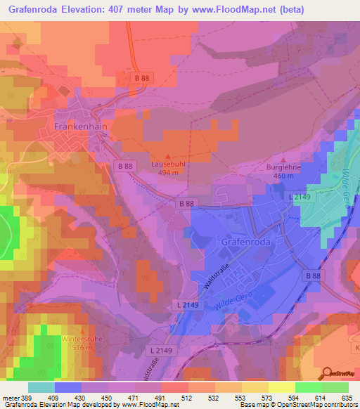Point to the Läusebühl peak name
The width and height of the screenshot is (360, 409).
tap(167, 164)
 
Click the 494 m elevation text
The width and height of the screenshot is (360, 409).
tap(167, 172)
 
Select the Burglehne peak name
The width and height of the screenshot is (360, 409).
tap(283, 168)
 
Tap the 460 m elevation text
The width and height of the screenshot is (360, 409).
tap(283, 176)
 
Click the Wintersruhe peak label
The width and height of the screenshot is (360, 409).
tap(77, 339)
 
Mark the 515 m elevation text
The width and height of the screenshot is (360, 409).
tap(77, 348)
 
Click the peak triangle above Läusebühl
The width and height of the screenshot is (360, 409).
tap(167, 156)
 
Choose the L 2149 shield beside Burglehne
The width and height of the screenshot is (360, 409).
tap(301, 200)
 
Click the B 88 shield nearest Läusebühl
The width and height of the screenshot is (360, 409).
tap(125, 166)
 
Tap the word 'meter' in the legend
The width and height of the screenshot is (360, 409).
tap(11, 398)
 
